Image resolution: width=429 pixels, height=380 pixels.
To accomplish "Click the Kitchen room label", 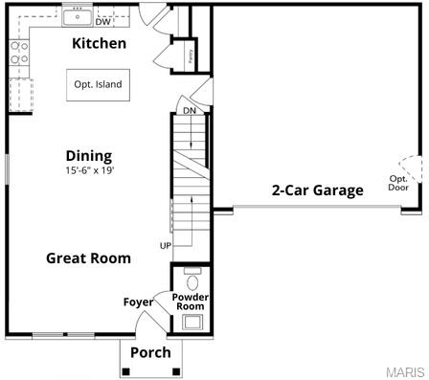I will (x=100, y=44).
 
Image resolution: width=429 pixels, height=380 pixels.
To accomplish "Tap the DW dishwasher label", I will (x=102, y=22).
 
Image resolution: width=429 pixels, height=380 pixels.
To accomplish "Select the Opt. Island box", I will (x=98, y=84).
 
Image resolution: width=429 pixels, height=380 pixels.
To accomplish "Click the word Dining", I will (x=89, y=156).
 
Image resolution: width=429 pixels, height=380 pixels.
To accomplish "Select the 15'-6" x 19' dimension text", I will (x=89, y=171).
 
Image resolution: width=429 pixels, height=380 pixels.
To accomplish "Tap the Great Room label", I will (x=89, y=257).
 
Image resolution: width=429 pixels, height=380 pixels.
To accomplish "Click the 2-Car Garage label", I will (x=317, y=190).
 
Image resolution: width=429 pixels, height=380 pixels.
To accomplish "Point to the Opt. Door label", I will (x=398, y=183).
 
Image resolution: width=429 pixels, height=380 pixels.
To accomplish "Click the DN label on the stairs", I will (x=190, y=111).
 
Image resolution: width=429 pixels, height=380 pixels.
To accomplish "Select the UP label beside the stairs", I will (x=166, y=246).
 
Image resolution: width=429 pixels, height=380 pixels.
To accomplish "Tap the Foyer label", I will (x=138, y=302).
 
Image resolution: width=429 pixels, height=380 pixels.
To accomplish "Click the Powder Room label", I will (x=191, y=302).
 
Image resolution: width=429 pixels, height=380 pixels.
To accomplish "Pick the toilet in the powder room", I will (x=192, y=280).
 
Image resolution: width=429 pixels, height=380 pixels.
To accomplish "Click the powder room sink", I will (x=192, y=322).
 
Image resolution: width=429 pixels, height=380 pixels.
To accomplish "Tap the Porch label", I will (x=150, y=352).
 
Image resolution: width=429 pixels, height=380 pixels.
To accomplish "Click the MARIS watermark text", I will (x=407, y=370).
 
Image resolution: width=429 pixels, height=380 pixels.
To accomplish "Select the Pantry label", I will (x=191, y=55).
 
